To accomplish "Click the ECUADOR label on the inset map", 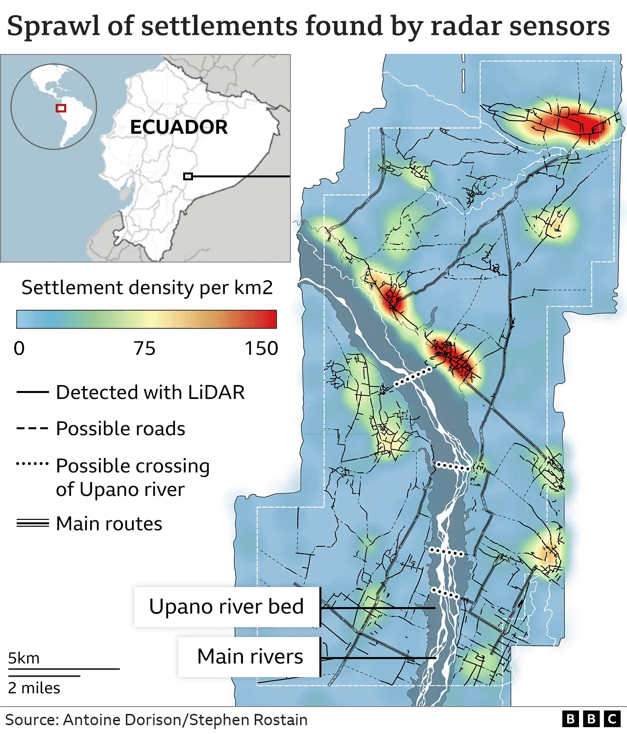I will point(179,127).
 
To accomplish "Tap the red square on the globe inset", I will point(61,108).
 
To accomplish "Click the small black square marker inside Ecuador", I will point(188,176).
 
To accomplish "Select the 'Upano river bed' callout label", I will point(226,607).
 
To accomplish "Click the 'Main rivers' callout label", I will point(250,657).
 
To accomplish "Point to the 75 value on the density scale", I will point(145,348).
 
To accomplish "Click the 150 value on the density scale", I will point(261,348).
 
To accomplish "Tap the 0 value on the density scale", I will point(19,348).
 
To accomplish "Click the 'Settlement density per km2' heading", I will point(147,288).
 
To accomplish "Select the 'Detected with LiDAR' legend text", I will point(150,392).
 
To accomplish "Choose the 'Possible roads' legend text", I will point(121,429).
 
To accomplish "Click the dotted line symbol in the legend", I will point(32,463).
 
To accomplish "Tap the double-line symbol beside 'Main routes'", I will point(32,523).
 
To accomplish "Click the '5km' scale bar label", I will point(24,658).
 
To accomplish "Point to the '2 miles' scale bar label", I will point(34,688).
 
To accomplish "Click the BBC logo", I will point(591,719).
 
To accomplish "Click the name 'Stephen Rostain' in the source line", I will point(248,720).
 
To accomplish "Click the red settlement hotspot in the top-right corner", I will point(568,122).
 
